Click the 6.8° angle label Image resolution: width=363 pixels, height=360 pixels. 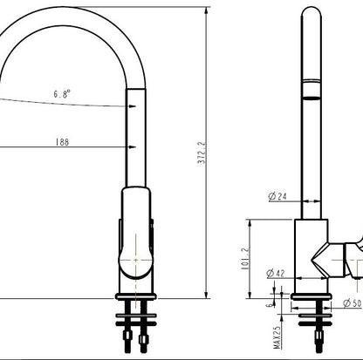(63, 92)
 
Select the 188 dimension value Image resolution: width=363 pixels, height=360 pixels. (63, 142)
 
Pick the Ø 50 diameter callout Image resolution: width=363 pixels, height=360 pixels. (353, 303)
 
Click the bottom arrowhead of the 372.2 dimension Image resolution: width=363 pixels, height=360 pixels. (206, 295)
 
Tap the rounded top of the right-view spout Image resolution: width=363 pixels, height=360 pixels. (311, 11)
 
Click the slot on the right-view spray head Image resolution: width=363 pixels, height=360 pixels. (311, 90)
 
